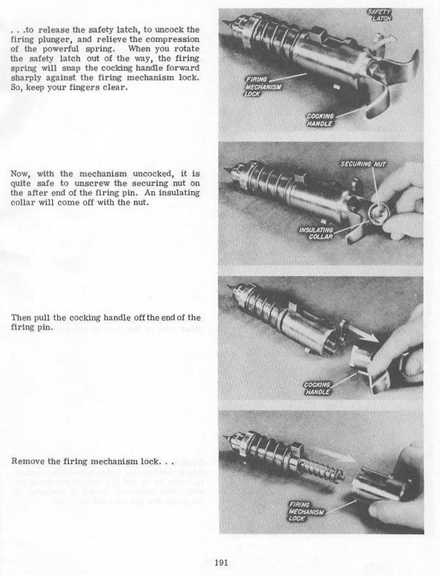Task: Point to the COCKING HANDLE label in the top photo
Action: [320, 120]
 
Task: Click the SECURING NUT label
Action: [359, 165]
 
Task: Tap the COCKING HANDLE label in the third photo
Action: [318, 388]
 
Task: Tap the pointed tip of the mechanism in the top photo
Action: [225, 23]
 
